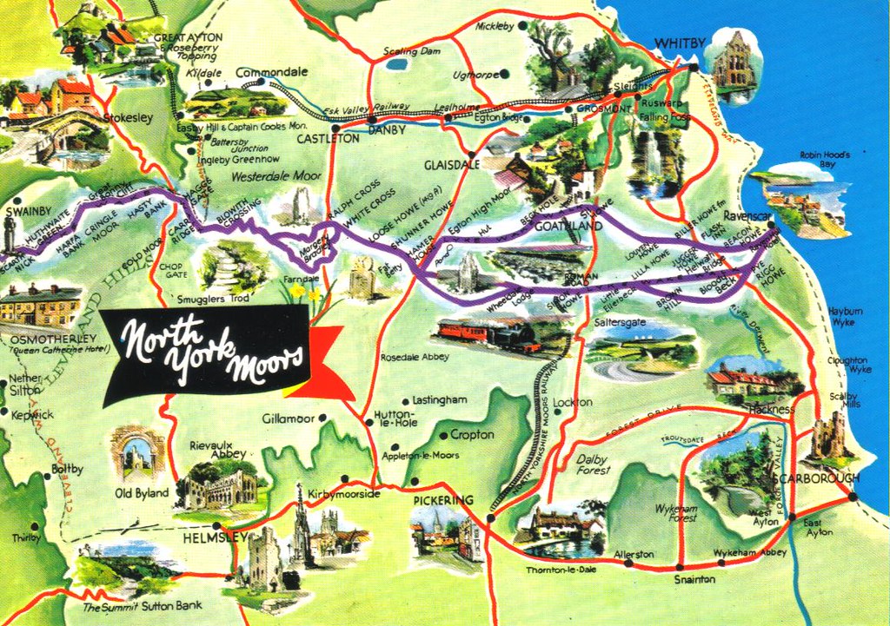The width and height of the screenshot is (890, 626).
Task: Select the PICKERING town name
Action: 443,500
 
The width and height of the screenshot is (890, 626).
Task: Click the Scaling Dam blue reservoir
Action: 396,63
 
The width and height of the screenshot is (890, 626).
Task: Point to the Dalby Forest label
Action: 594,464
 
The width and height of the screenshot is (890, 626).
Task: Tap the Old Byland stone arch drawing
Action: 137,451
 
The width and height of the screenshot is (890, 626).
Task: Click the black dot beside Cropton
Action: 443,436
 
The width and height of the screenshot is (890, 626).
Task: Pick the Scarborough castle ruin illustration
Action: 828,438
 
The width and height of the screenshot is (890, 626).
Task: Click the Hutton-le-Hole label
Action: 395,418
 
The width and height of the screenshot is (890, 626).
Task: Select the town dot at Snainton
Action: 679,567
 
